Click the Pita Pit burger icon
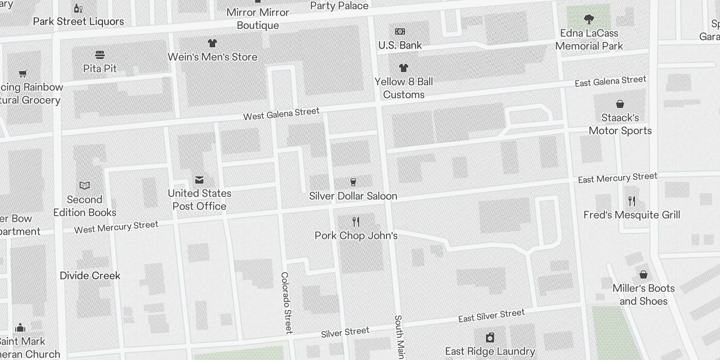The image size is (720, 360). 100,55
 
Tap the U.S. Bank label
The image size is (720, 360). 400,45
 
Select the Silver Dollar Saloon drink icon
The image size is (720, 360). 353,182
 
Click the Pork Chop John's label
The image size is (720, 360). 356,235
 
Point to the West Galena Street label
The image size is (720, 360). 281,114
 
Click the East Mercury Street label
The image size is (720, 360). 617,178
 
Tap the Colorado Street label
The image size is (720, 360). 287,302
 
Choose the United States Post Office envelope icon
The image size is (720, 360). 199,180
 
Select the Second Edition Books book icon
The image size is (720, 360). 85,185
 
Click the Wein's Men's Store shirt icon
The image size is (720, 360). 212,43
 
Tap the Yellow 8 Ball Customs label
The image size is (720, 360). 404,88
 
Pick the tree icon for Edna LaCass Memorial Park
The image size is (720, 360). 589,19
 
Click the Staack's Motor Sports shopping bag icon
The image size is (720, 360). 620,104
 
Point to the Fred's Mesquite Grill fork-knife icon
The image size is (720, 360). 632,201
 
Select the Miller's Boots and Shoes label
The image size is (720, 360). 643,294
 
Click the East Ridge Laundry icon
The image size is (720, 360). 490,337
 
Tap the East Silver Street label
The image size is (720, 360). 491,315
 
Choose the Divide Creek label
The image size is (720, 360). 90,275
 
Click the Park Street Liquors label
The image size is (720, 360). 78,21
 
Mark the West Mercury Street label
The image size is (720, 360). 116,227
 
